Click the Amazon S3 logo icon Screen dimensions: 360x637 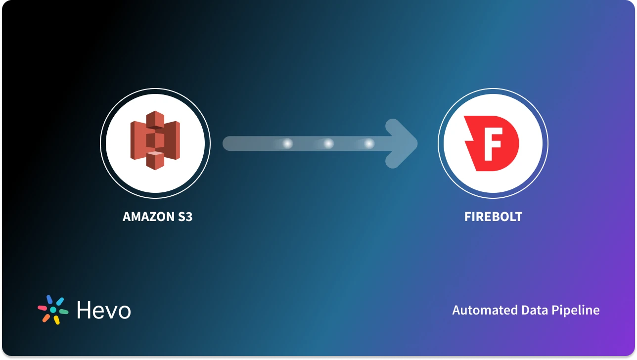(x=155, y=140)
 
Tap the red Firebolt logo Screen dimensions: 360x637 (x=491, y=143)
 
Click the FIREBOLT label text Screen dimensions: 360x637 (x=493, y=217)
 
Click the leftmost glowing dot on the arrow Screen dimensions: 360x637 (x=287, y=143)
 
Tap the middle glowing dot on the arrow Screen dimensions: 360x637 (x=328, y=143)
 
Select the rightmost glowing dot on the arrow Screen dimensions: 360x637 (x=369, y=143)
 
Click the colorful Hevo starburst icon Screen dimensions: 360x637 (x=53, y=310)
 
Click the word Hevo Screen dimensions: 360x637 (x=104, y=310)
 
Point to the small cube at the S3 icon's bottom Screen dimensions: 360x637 (x=155, y=160)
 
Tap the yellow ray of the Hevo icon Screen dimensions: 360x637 (x=57, y=320)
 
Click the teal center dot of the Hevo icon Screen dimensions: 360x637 (x=53, y=310)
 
